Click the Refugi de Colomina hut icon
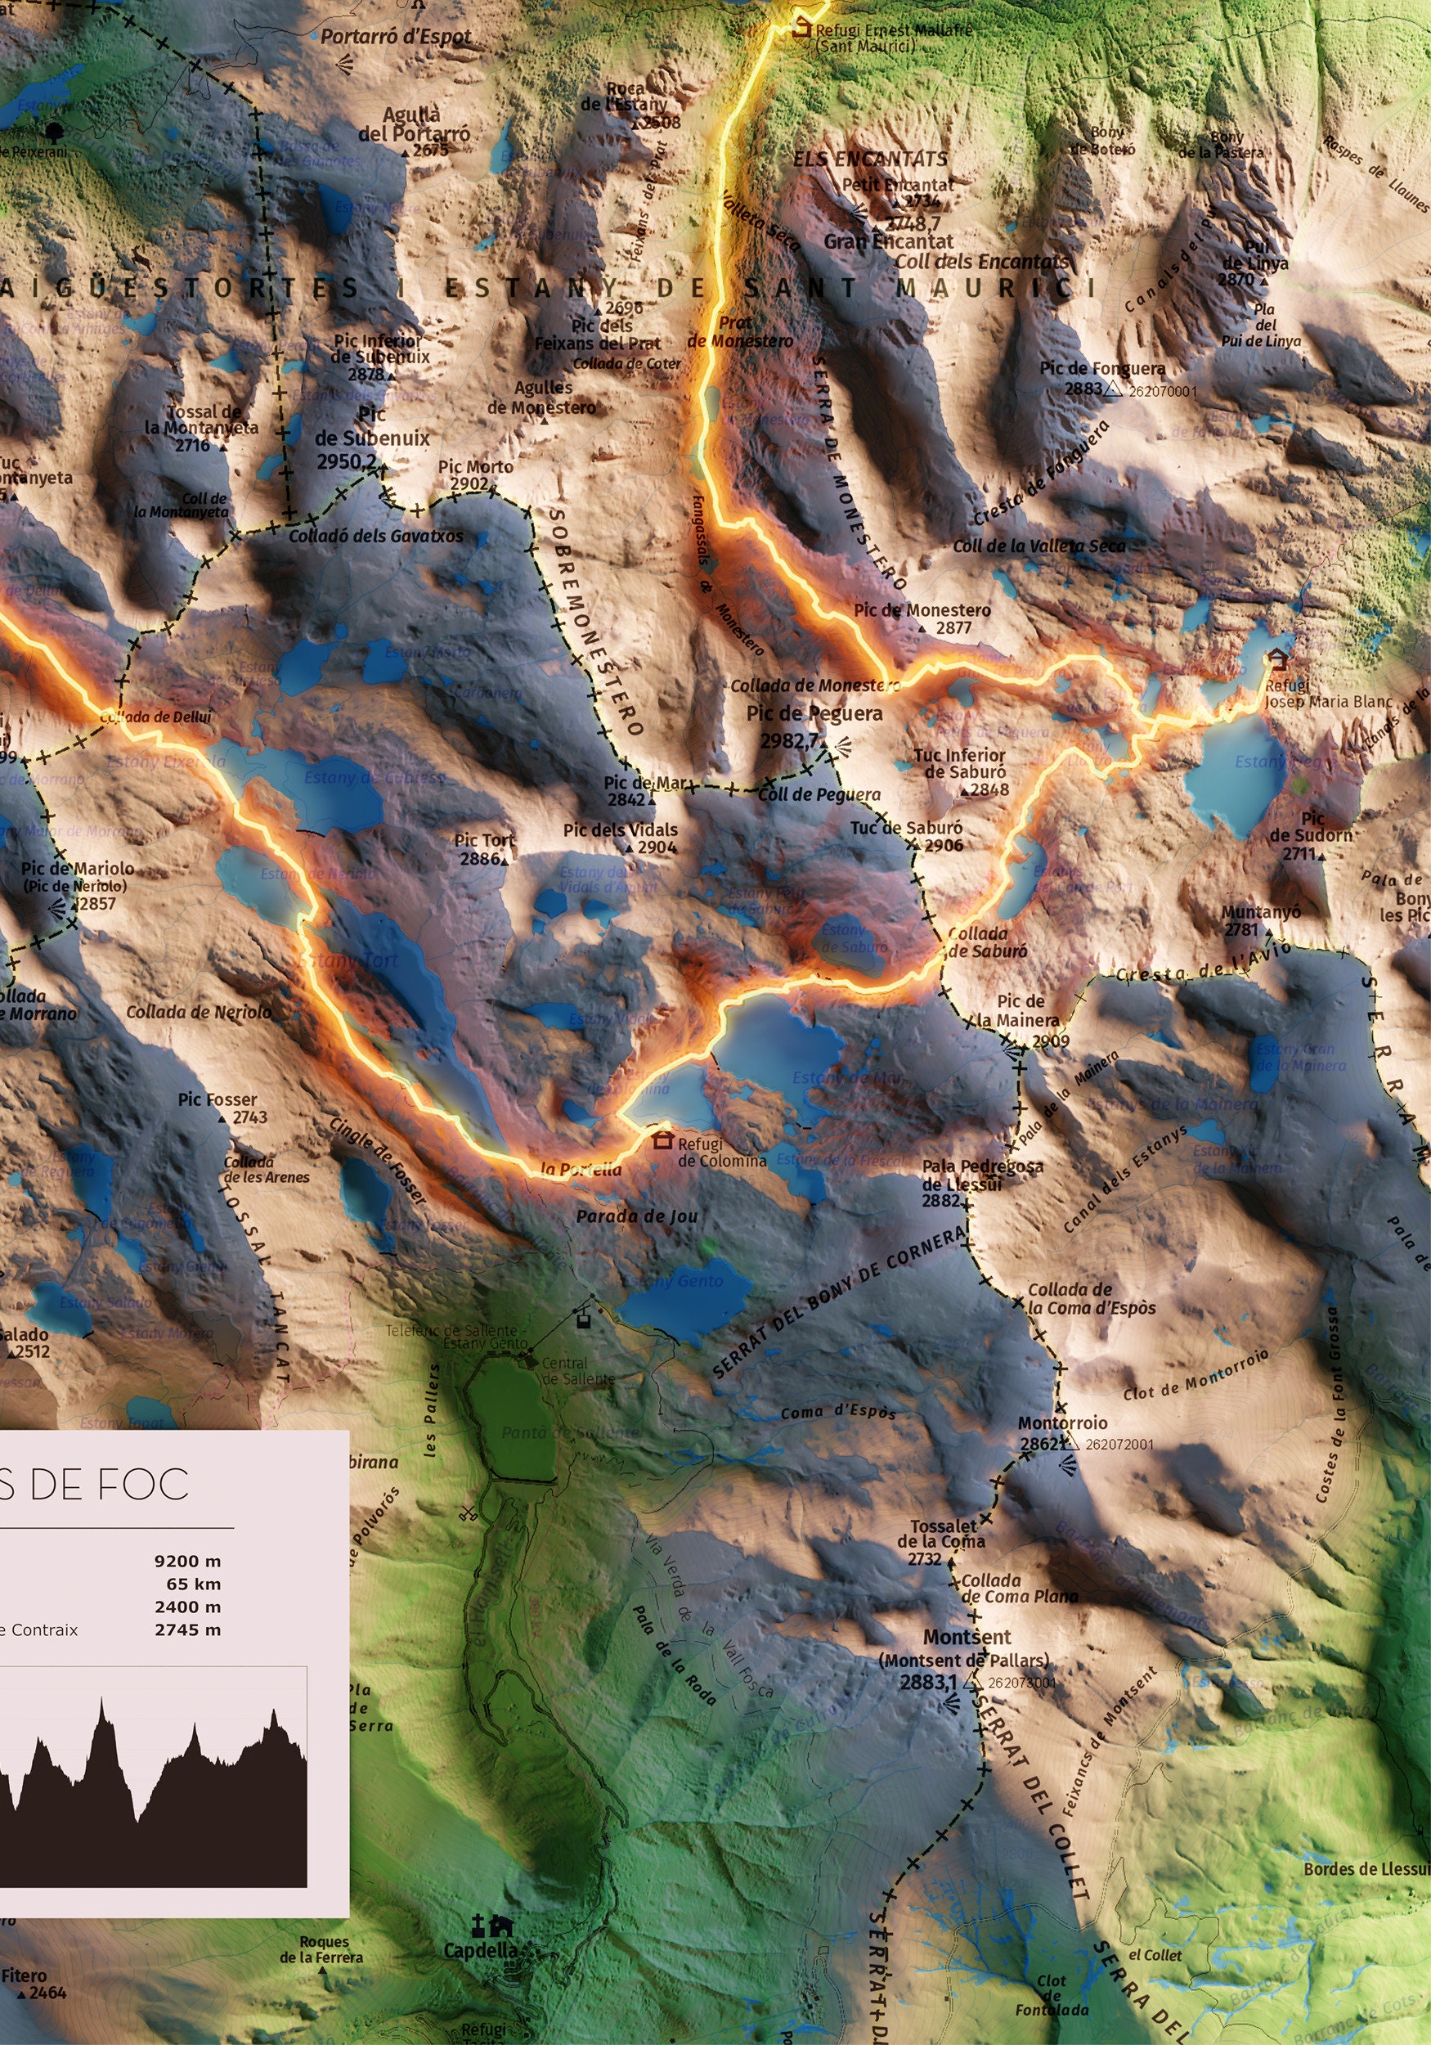[662, 1139]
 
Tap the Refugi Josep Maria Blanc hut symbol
[1278, 659]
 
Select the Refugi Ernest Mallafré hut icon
[802, 27]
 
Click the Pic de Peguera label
[814, 713]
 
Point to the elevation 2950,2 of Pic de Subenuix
[347, 461]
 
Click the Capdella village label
[480, 1951]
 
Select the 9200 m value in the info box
[187, 1562]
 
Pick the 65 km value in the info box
[193, 1584]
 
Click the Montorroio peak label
[1062, 1423]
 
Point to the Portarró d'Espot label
[396, 38]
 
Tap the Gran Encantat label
[888, 241]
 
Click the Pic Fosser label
[218, 1100]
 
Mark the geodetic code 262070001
[1162, 391]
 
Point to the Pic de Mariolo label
[78, 869]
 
